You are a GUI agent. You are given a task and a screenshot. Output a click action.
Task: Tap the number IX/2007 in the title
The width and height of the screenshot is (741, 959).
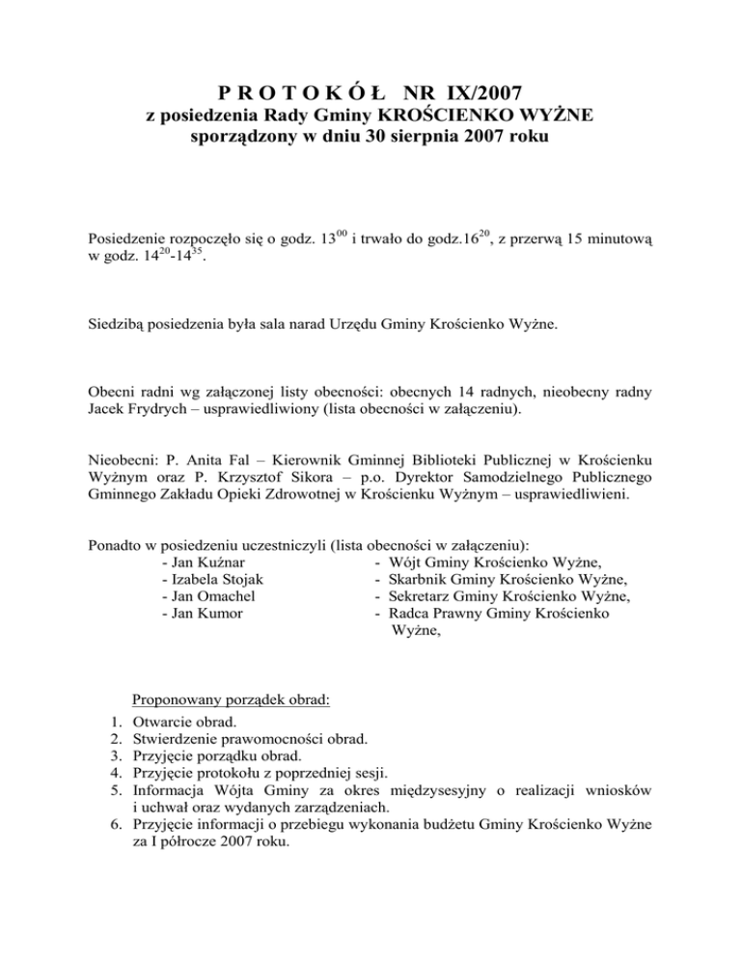tap(475, 94)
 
